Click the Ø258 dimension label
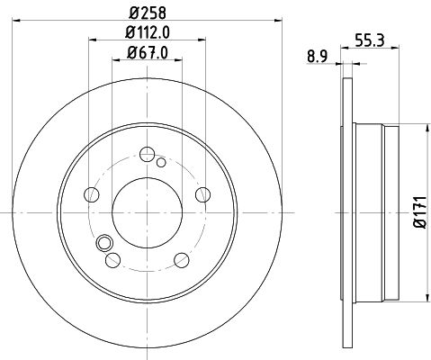(x=148, y=13)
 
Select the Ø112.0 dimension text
(x=148, y=32)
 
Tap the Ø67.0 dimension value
(x=148, y=53)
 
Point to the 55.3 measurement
(x=370, y=40)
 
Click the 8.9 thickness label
(x=317, y=57)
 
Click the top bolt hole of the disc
(x=148, y=155)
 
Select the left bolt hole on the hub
(x=92, y=194)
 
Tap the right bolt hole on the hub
(x=202, y=194)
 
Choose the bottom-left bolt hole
(x=113, y=260)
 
